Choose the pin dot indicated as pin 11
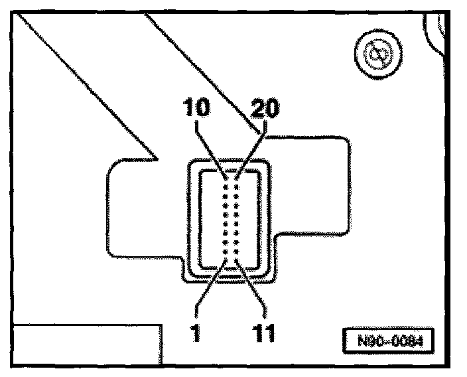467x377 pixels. coord(236,261)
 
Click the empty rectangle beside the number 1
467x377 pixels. coord(86,345)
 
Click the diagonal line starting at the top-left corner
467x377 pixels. coord(86,86)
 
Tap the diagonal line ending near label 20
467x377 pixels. coord(199,66)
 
